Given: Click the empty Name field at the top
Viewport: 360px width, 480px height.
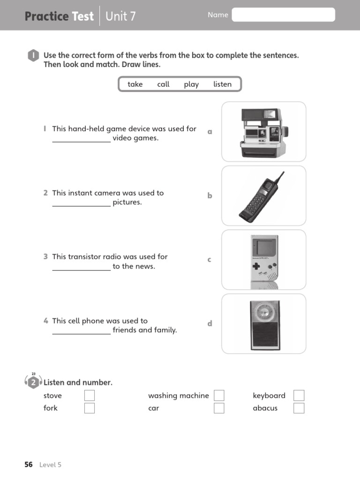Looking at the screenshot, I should pos(283,15).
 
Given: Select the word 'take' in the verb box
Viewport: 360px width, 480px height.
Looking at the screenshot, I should pos(135,84).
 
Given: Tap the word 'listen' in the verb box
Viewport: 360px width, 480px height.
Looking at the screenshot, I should pos(222,84).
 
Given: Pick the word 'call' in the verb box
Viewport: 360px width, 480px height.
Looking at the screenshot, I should pos(163,84).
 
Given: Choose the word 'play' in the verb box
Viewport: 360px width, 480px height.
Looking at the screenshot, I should pos(191,84).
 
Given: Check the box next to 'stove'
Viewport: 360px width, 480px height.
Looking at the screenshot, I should pos(90,396).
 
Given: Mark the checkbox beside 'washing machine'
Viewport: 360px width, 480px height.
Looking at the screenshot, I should pos(219,396).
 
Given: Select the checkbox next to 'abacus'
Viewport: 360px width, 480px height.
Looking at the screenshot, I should pos(299,408).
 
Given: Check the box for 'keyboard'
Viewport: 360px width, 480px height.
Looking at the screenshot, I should pos(299,396).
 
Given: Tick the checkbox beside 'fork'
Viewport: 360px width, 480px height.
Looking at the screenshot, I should pos(90,408).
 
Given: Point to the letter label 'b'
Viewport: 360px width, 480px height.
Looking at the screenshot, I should pos(210,196).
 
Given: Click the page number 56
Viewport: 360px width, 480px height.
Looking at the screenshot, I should pos(29,465).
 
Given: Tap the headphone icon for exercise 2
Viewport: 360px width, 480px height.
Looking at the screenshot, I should pos(33,382).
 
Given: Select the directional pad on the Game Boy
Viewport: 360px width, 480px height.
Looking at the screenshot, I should pos(256,267).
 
